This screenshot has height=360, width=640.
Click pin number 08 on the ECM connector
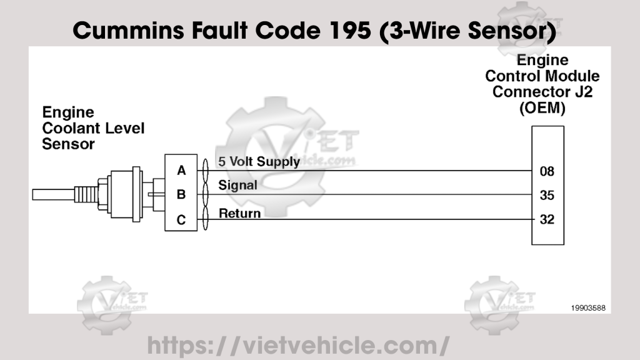547,171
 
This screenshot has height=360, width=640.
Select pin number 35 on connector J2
547,195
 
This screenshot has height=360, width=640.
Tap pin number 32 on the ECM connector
547,219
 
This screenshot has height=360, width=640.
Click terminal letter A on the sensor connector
181,171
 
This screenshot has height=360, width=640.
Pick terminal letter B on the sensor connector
181,195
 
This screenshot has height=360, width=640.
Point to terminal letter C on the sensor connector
181,219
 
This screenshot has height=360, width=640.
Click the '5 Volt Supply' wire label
259,161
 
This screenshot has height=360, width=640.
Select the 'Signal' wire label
237,186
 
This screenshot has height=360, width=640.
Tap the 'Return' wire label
239,214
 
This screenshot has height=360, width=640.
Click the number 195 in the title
349,30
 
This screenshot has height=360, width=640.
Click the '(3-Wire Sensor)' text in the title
468,30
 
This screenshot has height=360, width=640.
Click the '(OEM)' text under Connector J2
542,107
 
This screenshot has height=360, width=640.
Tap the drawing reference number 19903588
587,307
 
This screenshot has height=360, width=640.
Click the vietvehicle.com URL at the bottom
298,344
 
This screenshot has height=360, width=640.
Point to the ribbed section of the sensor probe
86,194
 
